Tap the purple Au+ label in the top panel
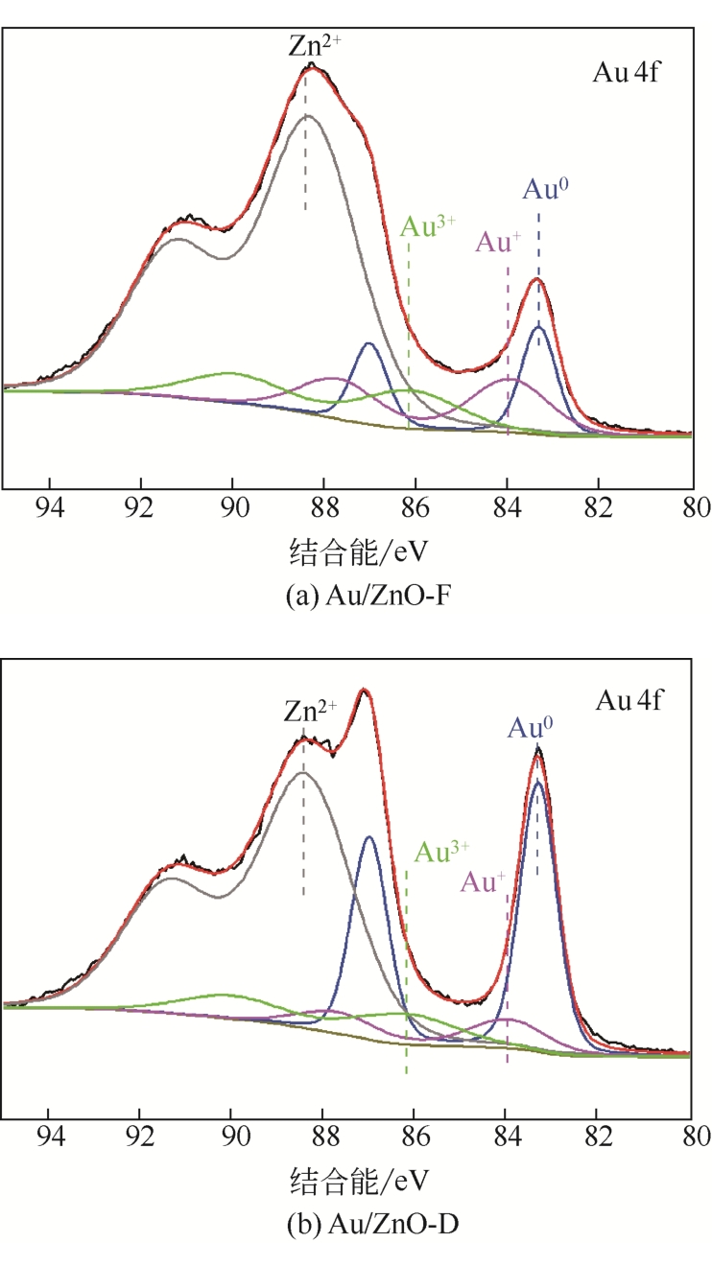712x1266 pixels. point(498,243)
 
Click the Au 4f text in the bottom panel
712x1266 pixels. point(629,699)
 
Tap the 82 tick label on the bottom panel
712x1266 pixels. point(599,1134)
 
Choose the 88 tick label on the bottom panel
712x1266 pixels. point(323,1134)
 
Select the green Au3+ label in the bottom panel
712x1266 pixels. point(442,851)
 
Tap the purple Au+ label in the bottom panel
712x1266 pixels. point(485,880)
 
